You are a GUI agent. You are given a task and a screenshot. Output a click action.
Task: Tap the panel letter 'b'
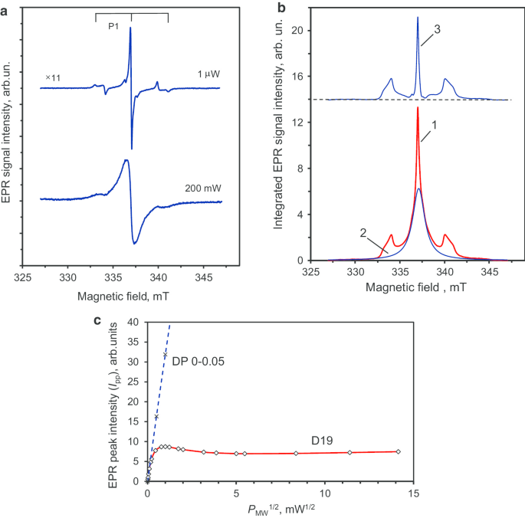281,6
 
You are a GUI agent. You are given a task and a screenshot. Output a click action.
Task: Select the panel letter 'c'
98,319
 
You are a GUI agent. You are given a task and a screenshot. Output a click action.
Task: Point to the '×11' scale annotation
53,78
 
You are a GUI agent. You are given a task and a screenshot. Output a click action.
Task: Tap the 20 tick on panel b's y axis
300,31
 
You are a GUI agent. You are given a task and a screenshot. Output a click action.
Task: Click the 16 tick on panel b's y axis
300,77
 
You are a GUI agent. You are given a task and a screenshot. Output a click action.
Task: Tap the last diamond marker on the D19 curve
399,451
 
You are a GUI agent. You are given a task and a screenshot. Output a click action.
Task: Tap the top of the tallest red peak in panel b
418,107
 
